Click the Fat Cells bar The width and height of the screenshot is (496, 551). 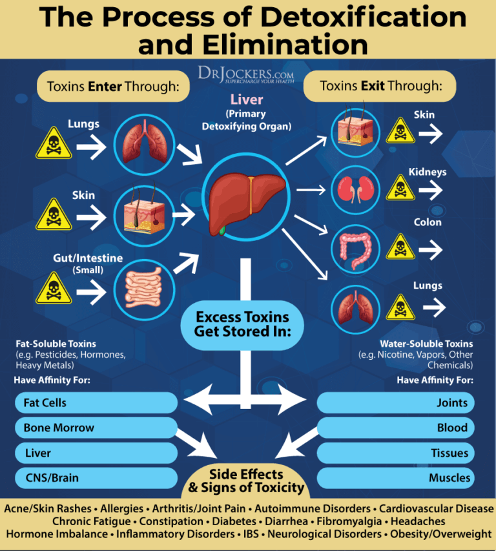point(96,402)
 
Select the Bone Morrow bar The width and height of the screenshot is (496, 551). point(96,428)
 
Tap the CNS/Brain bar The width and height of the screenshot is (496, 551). point(96,478)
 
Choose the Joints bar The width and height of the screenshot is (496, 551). point(396,402)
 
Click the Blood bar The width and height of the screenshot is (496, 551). point(396,428)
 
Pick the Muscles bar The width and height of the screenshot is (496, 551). point(396,478)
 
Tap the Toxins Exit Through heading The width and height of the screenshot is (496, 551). point(381,86)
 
